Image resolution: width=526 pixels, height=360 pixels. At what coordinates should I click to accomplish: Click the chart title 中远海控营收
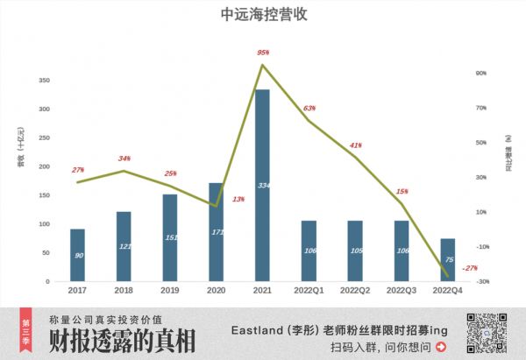[263, 15]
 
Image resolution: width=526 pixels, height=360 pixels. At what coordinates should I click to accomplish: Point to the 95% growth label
[262, 53]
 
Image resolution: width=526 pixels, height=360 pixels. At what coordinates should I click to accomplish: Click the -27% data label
[470, 268]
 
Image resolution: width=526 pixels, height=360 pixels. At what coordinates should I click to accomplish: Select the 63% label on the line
[309, 108]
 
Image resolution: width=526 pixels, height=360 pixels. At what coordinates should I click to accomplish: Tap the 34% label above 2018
[124, 159]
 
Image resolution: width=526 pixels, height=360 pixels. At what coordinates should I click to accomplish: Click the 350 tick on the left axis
[44, 80]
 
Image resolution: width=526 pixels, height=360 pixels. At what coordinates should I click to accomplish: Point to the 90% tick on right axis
[480, 74]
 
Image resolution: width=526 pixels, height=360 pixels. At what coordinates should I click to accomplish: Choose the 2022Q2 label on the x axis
[355, 290]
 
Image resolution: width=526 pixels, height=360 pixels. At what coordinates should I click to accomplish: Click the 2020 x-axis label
[216, 290]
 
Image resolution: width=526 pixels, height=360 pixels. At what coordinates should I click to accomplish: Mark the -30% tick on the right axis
[482, 281]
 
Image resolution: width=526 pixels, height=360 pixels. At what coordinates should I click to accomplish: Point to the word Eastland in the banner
[263, 329]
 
